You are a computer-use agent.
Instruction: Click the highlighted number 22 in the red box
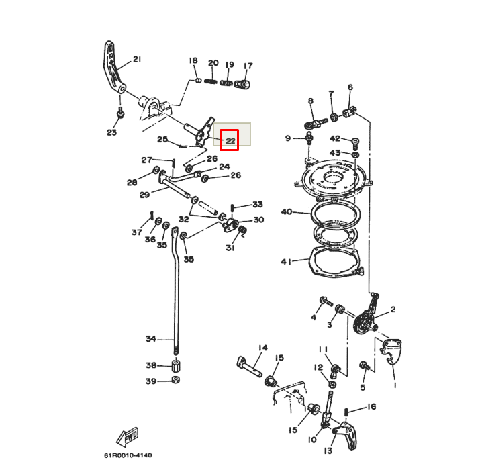[x=230, y=140]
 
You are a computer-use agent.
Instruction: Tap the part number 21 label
[x=137, y=60]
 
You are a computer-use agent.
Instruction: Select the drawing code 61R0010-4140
[x=128, y=455]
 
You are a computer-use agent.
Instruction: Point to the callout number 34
[x=151, y=338]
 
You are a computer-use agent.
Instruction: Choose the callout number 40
[x=287, y=212]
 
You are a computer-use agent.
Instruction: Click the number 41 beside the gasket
[x=287, y=261]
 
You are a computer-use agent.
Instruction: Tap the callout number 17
[x=248, y=66]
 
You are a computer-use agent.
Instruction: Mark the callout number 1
[x=395, y=386]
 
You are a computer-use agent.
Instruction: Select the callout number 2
[x=393, y=310]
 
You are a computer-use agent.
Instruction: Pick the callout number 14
[x=262, y=348]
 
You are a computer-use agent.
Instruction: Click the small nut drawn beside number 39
[x=175, y=381]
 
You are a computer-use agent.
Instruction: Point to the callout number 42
[x=335, y=139]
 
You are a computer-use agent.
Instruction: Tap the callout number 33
[x=258, y=205]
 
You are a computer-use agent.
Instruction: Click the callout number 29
[x=144, y=195]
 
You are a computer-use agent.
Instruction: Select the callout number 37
[x=137, y=232]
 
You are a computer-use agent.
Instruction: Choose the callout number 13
[x=328, y=451]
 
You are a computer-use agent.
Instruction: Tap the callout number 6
[x=350, y=87]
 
